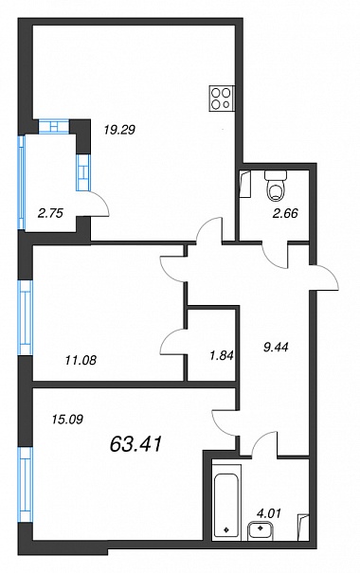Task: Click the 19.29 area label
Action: [x=119, y=130]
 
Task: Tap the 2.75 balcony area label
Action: [x=51, y=213]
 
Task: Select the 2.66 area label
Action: [x=285, y=213]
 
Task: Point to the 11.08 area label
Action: [x=81, y=360]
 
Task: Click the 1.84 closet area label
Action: [x=222, y=355]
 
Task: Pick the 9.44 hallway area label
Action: [x=276, y=347]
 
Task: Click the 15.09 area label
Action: [x=67, y=420]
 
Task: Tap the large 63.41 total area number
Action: [x=135, y=444]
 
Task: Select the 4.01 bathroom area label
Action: [x=269, y=513]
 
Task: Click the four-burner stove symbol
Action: [x=222, y=98]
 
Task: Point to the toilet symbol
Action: [x=276, y=186]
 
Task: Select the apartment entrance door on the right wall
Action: [x=324, y=278]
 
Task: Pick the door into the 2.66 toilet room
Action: [x=275, y=256]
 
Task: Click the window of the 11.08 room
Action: [x=26, y=317]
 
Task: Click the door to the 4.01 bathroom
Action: [x=263, y=441]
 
